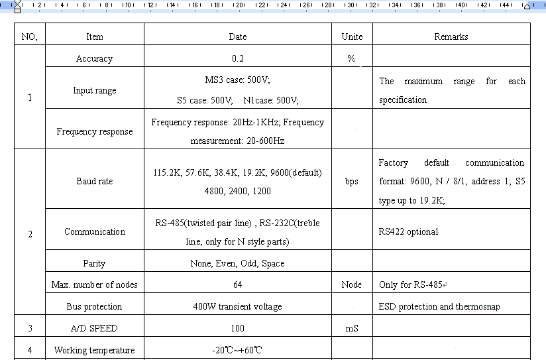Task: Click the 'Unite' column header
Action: [352, 36]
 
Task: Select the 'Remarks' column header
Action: [451, 36]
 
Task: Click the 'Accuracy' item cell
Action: [94, 59]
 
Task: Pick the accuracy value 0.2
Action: [238, 59]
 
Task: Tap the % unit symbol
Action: [351, 59]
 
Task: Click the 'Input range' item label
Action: [94, 90]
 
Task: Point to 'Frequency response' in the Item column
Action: [94, 131]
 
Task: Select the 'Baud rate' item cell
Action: [94, 181]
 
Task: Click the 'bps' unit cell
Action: [351, 181]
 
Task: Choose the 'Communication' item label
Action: [94, 231]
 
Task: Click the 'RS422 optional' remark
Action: [408, 231]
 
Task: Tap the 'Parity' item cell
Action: [94, 263]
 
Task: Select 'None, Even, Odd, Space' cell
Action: [237, 263]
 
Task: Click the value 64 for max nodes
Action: [238, 284]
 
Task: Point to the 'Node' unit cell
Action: [351, 284]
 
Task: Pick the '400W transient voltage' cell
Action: [237, 306]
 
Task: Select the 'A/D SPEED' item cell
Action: [94, 328]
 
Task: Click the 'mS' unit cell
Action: [351, 328]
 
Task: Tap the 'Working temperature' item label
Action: [94, 350]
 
